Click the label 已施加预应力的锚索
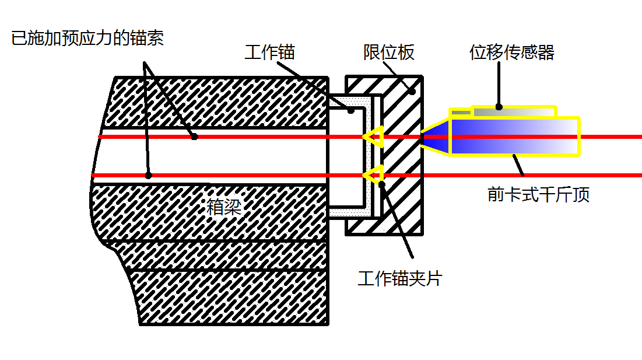[87, 38]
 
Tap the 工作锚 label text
[270, 53]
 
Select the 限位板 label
[389, 53]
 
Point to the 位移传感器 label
[512, 53]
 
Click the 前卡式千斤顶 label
[538, 194]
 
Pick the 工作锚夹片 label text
[400, 278]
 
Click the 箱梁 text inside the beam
[224, 207]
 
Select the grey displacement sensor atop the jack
[503, 111]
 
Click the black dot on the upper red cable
[195, 137]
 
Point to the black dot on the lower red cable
[149, 175]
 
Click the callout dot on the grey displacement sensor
[499, 107]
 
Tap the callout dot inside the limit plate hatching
[413, 92]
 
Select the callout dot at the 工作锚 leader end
[351, 111]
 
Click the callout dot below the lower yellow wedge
[382, 184]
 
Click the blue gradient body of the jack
[515, 137]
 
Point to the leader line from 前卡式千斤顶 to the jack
[518, 165]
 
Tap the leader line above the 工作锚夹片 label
[397, 221]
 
